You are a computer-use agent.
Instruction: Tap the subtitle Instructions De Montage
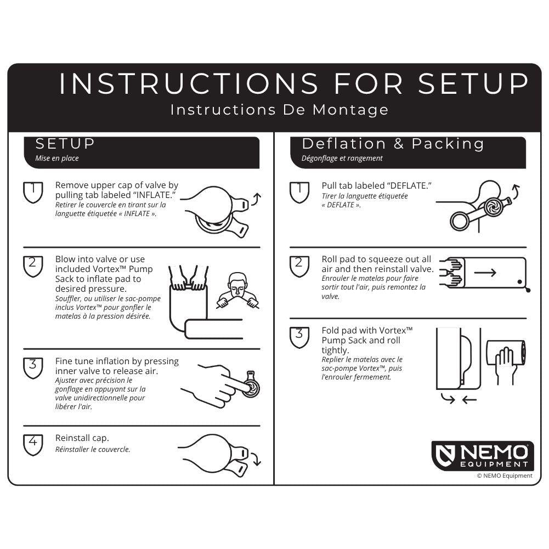pos(279,110)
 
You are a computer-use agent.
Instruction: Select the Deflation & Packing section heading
pos(393,144)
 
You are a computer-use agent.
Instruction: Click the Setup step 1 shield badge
pos(33,192)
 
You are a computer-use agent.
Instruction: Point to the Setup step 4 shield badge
pos(33,444)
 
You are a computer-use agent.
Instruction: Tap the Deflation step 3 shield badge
pos(299,337)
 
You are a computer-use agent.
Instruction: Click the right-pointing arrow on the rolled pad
pos(485,273)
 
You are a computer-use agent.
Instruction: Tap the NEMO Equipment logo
pos(482,455)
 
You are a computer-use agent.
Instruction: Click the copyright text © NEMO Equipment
pos(504,476)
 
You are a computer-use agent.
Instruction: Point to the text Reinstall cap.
pos(82,438)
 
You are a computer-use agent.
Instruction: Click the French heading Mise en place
pos(57,159)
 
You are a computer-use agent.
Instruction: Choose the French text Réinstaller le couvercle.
pos(93,450)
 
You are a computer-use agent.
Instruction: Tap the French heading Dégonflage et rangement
pos(342,159)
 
